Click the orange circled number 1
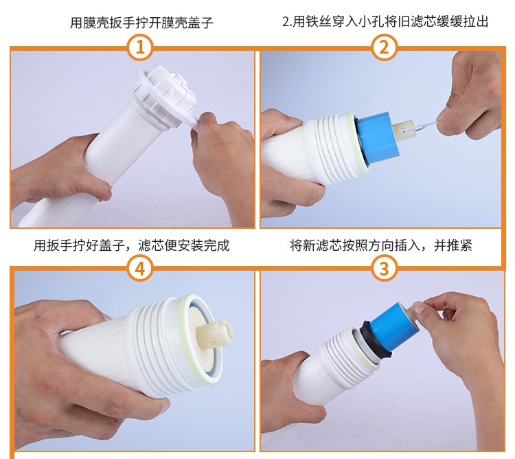tap(140, 47)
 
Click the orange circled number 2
tap(384, 47)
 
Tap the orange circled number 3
tap(384, 268)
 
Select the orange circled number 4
tap(140, 268)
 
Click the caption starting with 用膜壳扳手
tap(141, 23)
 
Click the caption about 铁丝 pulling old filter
tap(385, 22)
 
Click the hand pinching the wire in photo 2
tap(467, 103)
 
